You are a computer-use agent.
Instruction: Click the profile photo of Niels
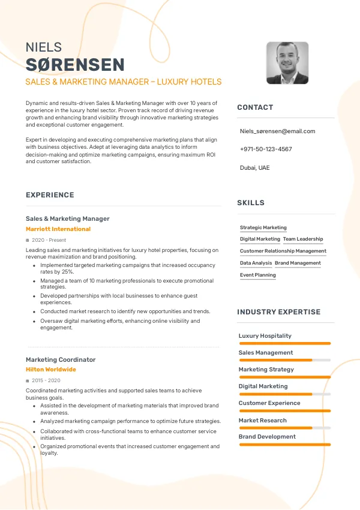(x=287, y=62)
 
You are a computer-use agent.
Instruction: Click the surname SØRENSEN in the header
(x=75, y=65)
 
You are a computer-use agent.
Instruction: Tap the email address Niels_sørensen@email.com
(x=277, y=131)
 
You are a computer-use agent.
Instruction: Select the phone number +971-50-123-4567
(x=266, y=149)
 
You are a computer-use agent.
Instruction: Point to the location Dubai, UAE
(x=254, y=167)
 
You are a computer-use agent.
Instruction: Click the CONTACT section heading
(x=255, y=107)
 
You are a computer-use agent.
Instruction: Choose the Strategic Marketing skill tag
(x=263, y=228)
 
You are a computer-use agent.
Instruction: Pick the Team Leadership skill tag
(x=303, y=239)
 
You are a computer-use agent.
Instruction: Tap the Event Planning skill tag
(x=258, y=275)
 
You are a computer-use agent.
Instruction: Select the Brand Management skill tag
(x=298, y=263)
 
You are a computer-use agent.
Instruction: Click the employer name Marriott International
(x=58, y=229)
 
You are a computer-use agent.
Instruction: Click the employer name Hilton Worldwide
(x=51, y=370)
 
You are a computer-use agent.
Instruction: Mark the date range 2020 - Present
(x=49, y=240)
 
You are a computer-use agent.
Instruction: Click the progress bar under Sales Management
(x=284, y=360)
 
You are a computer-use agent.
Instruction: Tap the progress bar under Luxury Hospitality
(x=284, y=343)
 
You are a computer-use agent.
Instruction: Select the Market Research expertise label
(x=262, y=421)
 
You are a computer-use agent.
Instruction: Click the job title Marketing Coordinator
(x=61, y=360)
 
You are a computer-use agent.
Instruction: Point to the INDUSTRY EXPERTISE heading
(x=278, y=312)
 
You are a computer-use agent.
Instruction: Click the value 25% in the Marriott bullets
(x=68, y=272)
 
